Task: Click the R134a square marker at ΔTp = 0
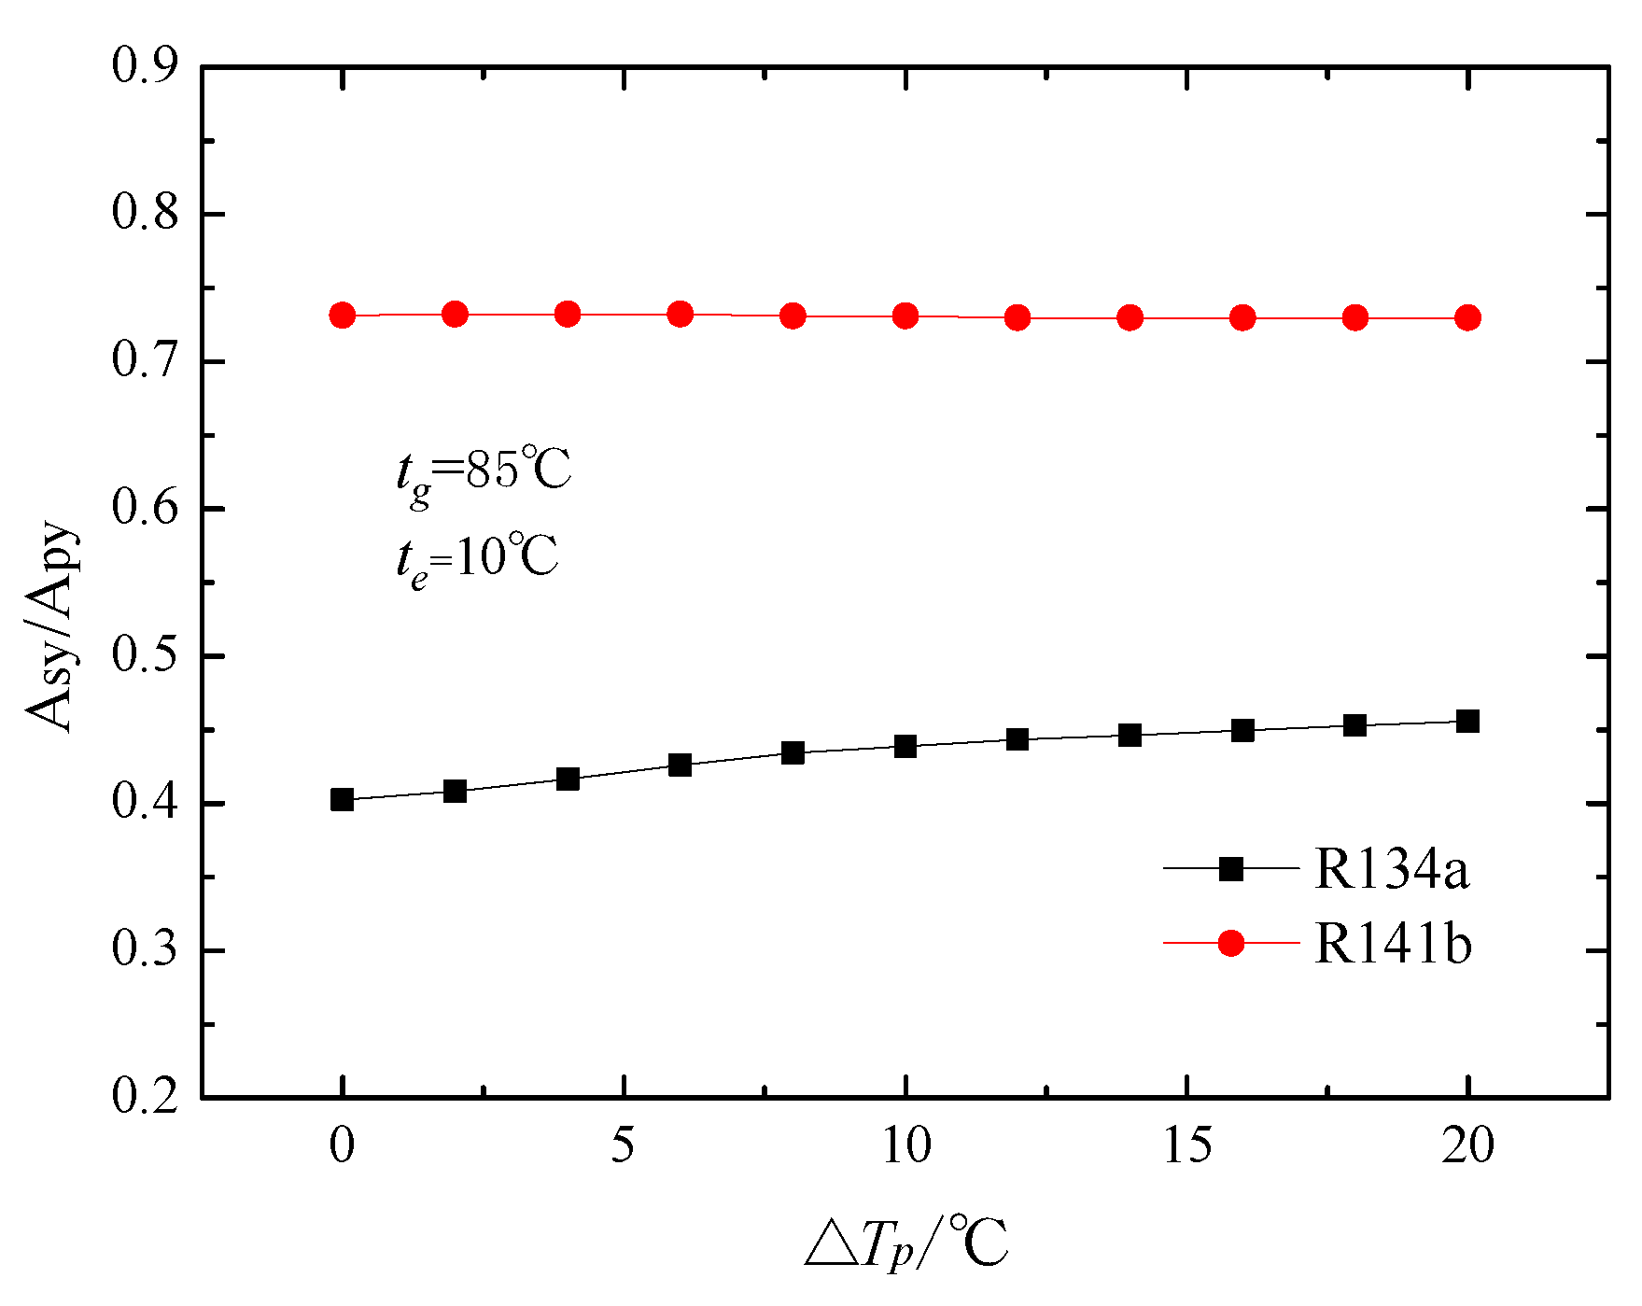(x=342, y=799)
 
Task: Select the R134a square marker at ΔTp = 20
(x=1467, y=721)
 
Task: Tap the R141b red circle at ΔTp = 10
(x=905, y=316)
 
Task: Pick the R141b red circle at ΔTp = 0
(x=342, y=316)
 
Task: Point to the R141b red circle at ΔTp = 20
(x=1467, y=317)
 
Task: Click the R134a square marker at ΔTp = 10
(x=905, y=746)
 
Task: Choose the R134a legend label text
(x=1392, y=869)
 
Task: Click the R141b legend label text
(x=1393, y=944)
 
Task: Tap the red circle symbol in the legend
(x=1231, y=944)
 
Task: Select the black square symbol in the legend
(x=1231, y=869)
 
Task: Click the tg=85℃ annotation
(x=483, y=472)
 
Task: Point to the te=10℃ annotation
(x=476, y=561)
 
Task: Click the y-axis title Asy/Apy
(x=51, y=625)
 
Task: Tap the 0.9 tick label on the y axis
(x=146, y=67)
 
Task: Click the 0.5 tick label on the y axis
(x=146, y=656)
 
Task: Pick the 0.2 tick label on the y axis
(x=146, y=1097)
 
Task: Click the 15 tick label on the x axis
(x=1186, y=1146)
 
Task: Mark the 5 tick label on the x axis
(x=623, y=1146)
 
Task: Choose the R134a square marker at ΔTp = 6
(x=680, y=765)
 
